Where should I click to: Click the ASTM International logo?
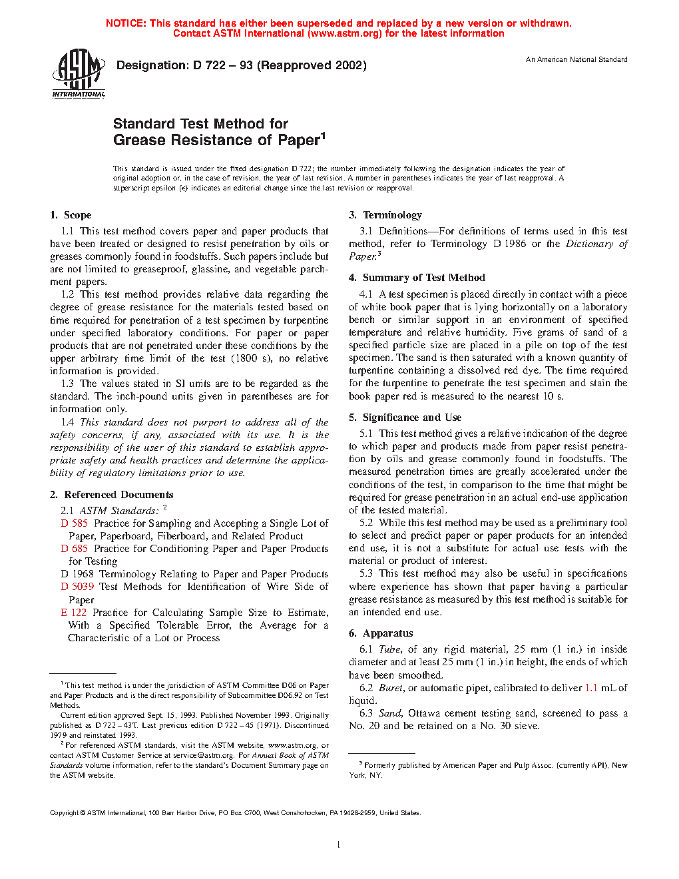pos(79,73)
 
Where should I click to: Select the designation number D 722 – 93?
pos(222,65)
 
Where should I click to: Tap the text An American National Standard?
pos(576,60)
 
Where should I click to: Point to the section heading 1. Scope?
pos(71,215)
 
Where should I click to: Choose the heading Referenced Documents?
pos(118,495)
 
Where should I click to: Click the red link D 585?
pos(75,523)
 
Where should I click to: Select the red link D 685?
pos(75,549)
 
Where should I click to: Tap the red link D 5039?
pos(77,587)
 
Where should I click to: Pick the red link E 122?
pos(74,613)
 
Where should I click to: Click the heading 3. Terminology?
pos(385,215)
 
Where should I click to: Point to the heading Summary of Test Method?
pos(423,278)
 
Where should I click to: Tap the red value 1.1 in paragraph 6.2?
pos(591,688)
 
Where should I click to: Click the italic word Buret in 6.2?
pos(391,688)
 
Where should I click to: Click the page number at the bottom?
pos(339,845)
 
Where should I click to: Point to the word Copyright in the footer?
pos(65,813)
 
